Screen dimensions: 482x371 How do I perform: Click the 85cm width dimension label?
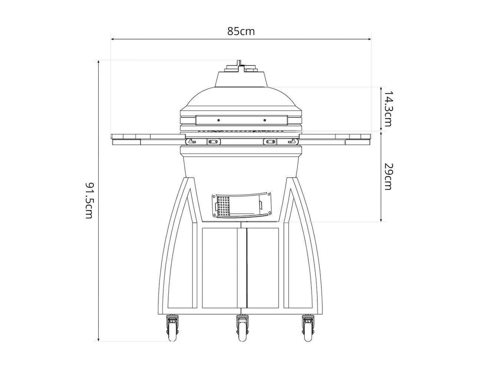pos(241,31)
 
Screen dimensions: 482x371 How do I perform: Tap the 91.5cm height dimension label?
pos(88,200)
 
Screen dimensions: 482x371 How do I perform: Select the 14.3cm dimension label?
pos(388,108)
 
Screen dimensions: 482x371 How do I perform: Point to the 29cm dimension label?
pos(388,176)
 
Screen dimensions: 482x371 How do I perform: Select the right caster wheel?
pos(307,329)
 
